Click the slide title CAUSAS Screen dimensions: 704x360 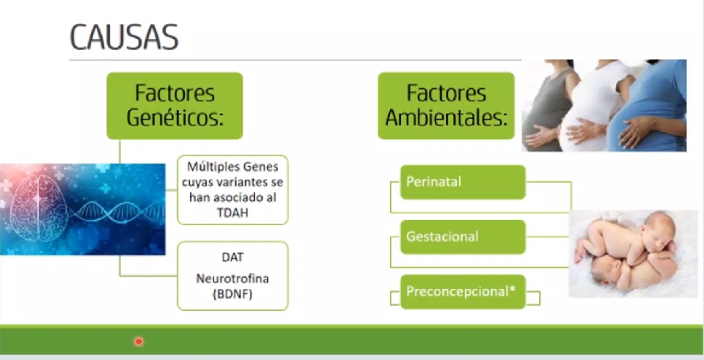coord(124,37)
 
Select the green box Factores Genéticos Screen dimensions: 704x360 coord(175,106)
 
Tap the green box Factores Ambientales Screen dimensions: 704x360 coord(447,106)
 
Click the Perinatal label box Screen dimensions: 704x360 coord(463,182)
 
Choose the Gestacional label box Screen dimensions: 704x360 coord(463,237)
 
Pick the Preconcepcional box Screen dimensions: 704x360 coord(463,292)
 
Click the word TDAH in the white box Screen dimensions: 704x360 coord(232,213)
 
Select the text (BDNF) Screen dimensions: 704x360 coord(232,295)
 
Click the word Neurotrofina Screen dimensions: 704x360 coord(232,279)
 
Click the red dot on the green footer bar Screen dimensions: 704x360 coord(139,342)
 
